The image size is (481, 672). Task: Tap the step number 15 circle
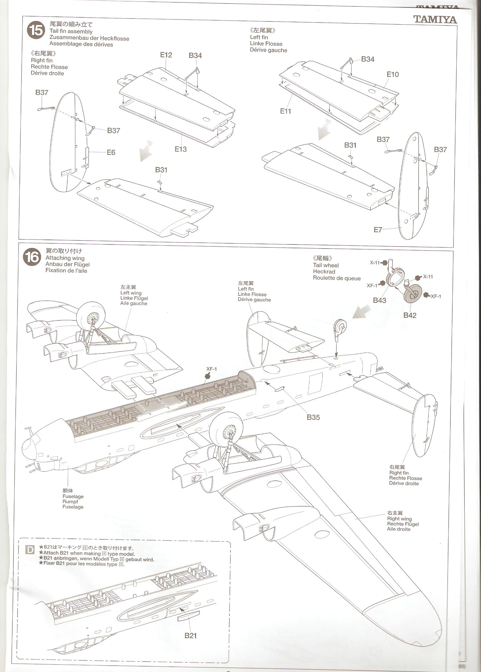[x=36, y=30]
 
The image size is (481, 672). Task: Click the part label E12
[x=166, y=55]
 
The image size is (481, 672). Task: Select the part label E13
[x=181, y=149]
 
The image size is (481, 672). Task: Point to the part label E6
[x=111, y=152]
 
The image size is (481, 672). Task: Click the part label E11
[x=286, y=111]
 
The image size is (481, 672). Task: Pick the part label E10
[x=393, y=74]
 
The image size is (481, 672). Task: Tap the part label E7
[x=378, y=230]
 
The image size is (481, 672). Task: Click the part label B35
[x=313, y=417]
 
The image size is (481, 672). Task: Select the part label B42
[x=410, y=315]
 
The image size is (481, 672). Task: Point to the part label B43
[x=379, y=300]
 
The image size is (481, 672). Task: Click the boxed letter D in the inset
[x=30, y=550]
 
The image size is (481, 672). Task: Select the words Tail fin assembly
[x=71, y=31]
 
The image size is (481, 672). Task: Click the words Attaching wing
[x=65, y=258]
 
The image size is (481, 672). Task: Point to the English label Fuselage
[x=73, y=496]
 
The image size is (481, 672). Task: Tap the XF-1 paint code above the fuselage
[x=211, y=369]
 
